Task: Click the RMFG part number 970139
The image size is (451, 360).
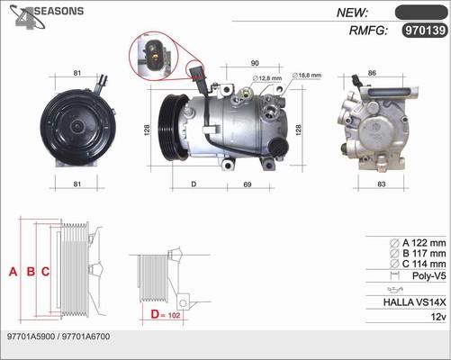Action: (x=425, y=31)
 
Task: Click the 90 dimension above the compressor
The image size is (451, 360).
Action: (x=255, y=63)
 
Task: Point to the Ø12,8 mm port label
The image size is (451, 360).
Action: (x=267, y=78)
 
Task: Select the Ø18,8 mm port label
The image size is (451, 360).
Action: (x=306, y=76)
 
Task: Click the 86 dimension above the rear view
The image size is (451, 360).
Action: (x=372, y=73)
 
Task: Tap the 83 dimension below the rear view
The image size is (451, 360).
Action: (x=381, y=184)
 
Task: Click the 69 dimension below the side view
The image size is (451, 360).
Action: (x=247, y=184)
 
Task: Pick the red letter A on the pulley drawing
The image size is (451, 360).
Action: (x=13, y=272)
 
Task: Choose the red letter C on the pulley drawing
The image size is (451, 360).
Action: (x=45, y=272)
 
